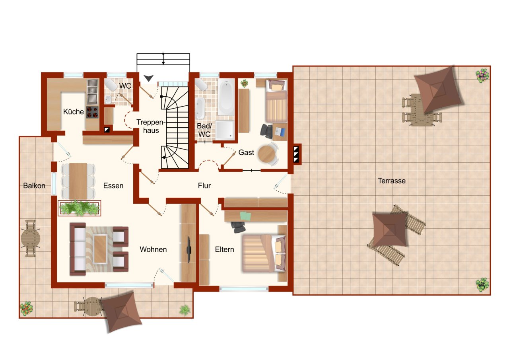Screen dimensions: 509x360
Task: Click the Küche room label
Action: tap(74, 112)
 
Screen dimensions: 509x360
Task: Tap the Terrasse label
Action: tap(392, 181)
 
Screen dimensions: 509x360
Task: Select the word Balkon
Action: tap(34, 186)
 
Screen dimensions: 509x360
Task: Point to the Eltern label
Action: tap(225, 249)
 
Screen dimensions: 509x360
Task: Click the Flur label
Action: tap(204, 186)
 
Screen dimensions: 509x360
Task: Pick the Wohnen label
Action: tap(153, 249)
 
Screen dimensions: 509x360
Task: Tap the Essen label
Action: tap(113, 186)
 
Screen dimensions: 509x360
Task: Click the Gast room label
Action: tap(246, 152)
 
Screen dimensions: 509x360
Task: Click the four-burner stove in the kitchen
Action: tap(92, 112)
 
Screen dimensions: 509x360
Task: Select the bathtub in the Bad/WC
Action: tap(226, 97)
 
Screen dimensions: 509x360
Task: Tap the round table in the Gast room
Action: tap(266, 154)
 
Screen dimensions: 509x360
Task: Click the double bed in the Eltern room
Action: tap(264, 253)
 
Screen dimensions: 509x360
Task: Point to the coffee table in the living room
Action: tap(100, 249)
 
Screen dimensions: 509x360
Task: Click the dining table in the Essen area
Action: tap(78, 181)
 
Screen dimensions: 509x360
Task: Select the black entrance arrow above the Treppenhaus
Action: tap(149, 78)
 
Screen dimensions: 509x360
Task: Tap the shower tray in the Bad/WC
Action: tap(225, 130)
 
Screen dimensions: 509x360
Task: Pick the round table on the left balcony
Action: tap(31, 238)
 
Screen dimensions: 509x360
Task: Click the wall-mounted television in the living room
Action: tap(188, 250)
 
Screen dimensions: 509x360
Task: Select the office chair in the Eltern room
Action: tap(238, 227)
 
